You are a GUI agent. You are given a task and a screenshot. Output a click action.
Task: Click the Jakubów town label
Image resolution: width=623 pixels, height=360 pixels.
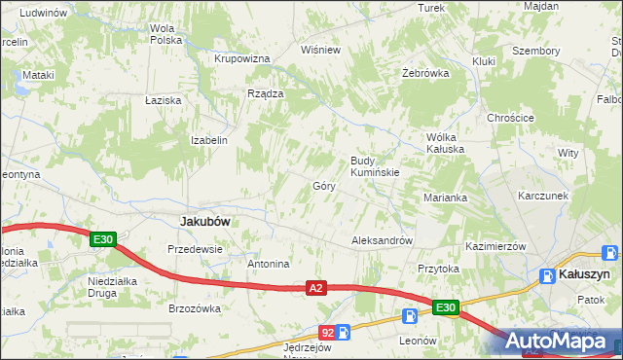pyautogui.click(x=205, y=221)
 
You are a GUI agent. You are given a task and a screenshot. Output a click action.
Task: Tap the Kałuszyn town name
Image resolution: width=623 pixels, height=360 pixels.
pyautogui.click(x=586, y=275)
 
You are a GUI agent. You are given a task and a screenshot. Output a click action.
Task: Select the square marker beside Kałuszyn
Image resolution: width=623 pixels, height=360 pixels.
pyautogui.click(x=547, y=275)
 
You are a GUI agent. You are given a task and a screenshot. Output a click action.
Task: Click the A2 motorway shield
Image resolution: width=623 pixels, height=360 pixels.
pyautogui.click(x=314, y=288)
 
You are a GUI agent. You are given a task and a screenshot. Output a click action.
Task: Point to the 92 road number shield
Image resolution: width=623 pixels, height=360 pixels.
pyautogui.click(x=327, y=333)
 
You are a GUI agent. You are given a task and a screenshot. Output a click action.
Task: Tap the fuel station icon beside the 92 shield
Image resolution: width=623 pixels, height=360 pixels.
pyautogui.click(x=343, y=333)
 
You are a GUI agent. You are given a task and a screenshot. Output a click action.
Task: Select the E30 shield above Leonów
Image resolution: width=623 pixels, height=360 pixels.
pyautogui.click(x=445, y=308)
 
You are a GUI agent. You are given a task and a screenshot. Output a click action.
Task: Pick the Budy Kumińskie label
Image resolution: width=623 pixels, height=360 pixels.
pyautogui.click(x=375, y=166)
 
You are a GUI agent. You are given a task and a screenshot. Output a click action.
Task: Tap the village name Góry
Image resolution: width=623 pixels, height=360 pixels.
pyautogui.click(x=324, y=185)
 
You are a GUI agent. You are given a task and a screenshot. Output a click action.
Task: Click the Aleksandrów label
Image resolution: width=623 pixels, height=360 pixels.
pyautogui.click(x=383, y=239)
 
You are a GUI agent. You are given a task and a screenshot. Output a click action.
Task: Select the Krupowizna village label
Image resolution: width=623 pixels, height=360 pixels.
pyautogui.click(x=241, y=58)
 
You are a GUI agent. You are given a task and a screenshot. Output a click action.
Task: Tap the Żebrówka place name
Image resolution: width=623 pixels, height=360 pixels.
pyautogui.click(x=425, y=74)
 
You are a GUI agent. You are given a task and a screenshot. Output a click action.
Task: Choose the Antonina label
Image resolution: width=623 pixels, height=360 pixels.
pyautogui.click(x=269, y=264)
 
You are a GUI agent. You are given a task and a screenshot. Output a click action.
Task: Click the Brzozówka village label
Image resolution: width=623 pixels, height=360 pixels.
pyautogui.click(x=195, y=308)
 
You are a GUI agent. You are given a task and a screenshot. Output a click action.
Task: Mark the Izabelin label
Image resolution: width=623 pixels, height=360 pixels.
pyautogui.click(x=209, y=140)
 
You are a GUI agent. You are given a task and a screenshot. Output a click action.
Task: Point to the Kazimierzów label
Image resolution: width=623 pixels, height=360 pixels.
pyautogui.click(x=495, y=247)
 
